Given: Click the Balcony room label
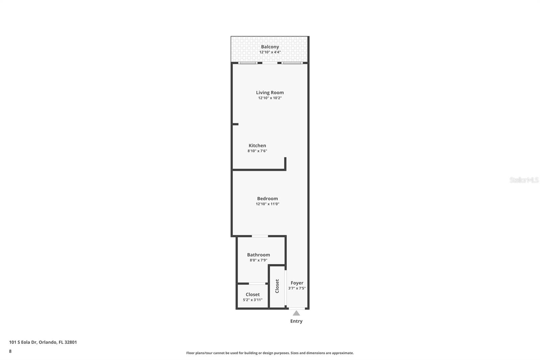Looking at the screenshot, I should pos(270,47).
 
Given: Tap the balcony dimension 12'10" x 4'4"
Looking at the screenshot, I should pos(270,52).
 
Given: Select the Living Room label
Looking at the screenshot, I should pos(270,93).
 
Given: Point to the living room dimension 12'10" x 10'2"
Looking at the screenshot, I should pos(270,98).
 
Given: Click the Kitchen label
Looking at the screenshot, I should pos(257,146).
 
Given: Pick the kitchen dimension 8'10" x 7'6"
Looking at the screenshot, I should pos(257,151).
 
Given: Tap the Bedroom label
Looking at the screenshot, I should pos(267,199).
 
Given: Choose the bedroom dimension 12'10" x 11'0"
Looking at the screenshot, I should pos(267,204).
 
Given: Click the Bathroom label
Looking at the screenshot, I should pos(258,255).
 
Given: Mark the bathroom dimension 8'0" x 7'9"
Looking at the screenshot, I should pos(258,260).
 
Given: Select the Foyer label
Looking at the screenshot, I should pos(297,283).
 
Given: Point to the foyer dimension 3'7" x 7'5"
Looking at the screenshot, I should pos(297,288).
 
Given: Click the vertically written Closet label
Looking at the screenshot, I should pos(277,286).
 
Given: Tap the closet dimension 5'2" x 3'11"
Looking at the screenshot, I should pos(252,300).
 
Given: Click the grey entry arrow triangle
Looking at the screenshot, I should pos(296,313).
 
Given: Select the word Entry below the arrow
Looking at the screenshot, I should pos(296,321).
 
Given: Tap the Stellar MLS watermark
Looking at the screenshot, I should pos(524,180).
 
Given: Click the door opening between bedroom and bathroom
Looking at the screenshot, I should pos(260,236).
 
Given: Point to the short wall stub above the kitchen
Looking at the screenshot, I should pos(235,124).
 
